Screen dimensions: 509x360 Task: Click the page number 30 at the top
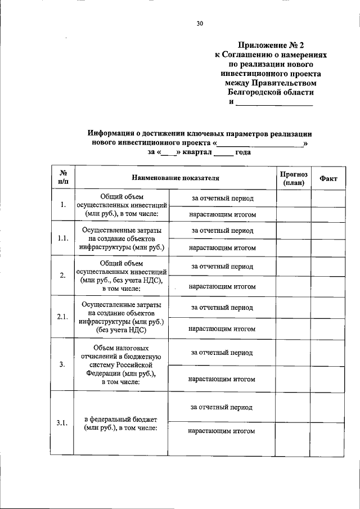(200, 23)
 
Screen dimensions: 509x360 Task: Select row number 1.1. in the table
(63, 238)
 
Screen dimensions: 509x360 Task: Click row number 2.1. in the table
(63, 317)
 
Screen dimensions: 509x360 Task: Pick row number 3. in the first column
(63, 364)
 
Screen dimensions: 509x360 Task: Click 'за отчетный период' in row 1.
(222, 199)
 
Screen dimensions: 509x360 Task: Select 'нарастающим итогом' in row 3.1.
(222, 431)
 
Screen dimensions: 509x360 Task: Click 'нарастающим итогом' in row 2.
(222, 286)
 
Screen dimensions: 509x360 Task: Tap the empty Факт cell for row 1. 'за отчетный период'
(328, 199)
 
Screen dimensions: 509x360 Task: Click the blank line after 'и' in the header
(274, 102)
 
